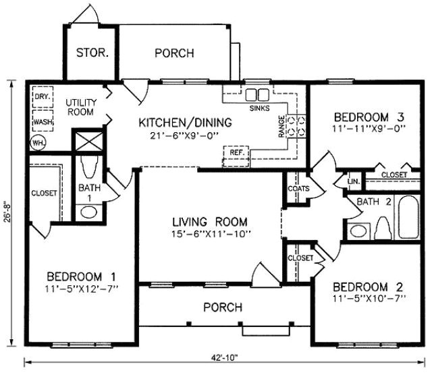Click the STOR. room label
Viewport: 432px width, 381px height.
click(x=92, y=53)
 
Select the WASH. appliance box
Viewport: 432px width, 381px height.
click(x=43, y=123)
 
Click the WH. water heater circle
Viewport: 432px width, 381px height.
click(x=38, y=143)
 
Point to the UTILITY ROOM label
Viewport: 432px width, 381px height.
click(x=80, y=107)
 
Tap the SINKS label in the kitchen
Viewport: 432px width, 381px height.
click(x=259, y=108)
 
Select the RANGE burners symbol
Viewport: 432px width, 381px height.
click(x=297, y=126)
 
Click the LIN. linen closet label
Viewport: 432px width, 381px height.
click(x=352, y=182)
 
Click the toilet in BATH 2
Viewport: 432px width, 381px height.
click(x=382, y=228)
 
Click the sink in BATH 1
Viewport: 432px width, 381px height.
click(x=89, y=212)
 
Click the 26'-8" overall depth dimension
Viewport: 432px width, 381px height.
click(x=9, y=218)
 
